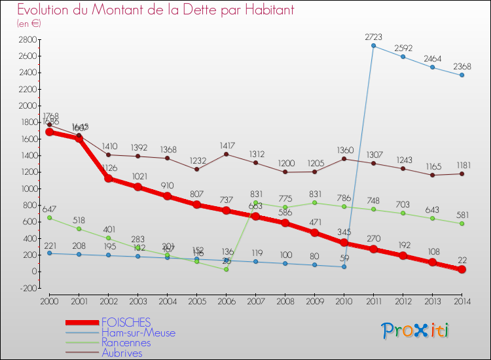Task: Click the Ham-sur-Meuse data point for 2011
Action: [373, 46]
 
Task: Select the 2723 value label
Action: [374, 37]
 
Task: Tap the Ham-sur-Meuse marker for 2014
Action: [462, 75]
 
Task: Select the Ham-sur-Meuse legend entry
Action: [138, 333]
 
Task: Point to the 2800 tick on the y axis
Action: [27, 39]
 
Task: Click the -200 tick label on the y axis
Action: [27, 288]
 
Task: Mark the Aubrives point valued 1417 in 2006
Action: [226, 154]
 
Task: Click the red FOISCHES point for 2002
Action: [108, 178]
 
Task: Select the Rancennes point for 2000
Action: [49, 217]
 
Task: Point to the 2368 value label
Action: [462, 66]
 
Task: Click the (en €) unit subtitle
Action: [29, 24]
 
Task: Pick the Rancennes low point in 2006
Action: [226, 269]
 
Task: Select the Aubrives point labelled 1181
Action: [462, 173]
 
